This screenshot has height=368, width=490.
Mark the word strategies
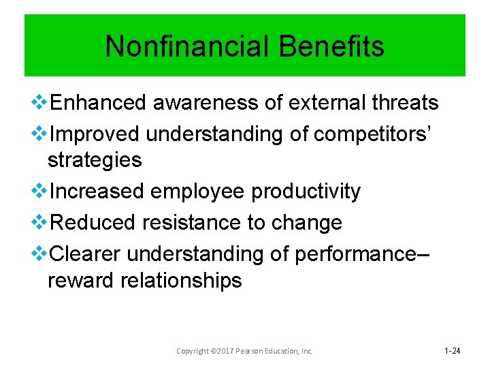click(x=95, y=161)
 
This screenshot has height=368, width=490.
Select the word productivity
click(x=306, y=192)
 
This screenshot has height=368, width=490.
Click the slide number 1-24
click(x=452, y=351)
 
